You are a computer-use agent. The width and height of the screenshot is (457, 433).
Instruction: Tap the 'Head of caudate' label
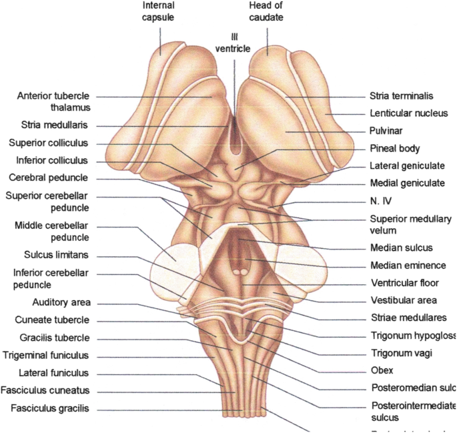(x=267, y=12)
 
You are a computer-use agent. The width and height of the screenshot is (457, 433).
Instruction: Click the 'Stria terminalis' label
(x=402, y=96)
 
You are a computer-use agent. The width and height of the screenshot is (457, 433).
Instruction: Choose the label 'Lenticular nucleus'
(x=408, y=113)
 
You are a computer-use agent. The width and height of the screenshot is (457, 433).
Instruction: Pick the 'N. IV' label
(x=380, y=200)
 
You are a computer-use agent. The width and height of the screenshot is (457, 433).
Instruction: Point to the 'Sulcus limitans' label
(x=55, y=255)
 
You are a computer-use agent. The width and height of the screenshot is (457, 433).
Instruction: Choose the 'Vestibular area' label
(x=403, y=300)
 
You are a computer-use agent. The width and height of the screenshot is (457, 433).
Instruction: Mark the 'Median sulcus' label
(x=401, y=248)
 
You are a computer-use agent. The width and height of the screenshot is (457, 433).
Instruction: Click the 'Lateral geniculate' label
(x=407, y=165)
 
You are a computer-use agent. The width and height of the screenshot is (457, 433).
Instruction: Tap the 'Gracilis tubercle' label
(x=54, y=338)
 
